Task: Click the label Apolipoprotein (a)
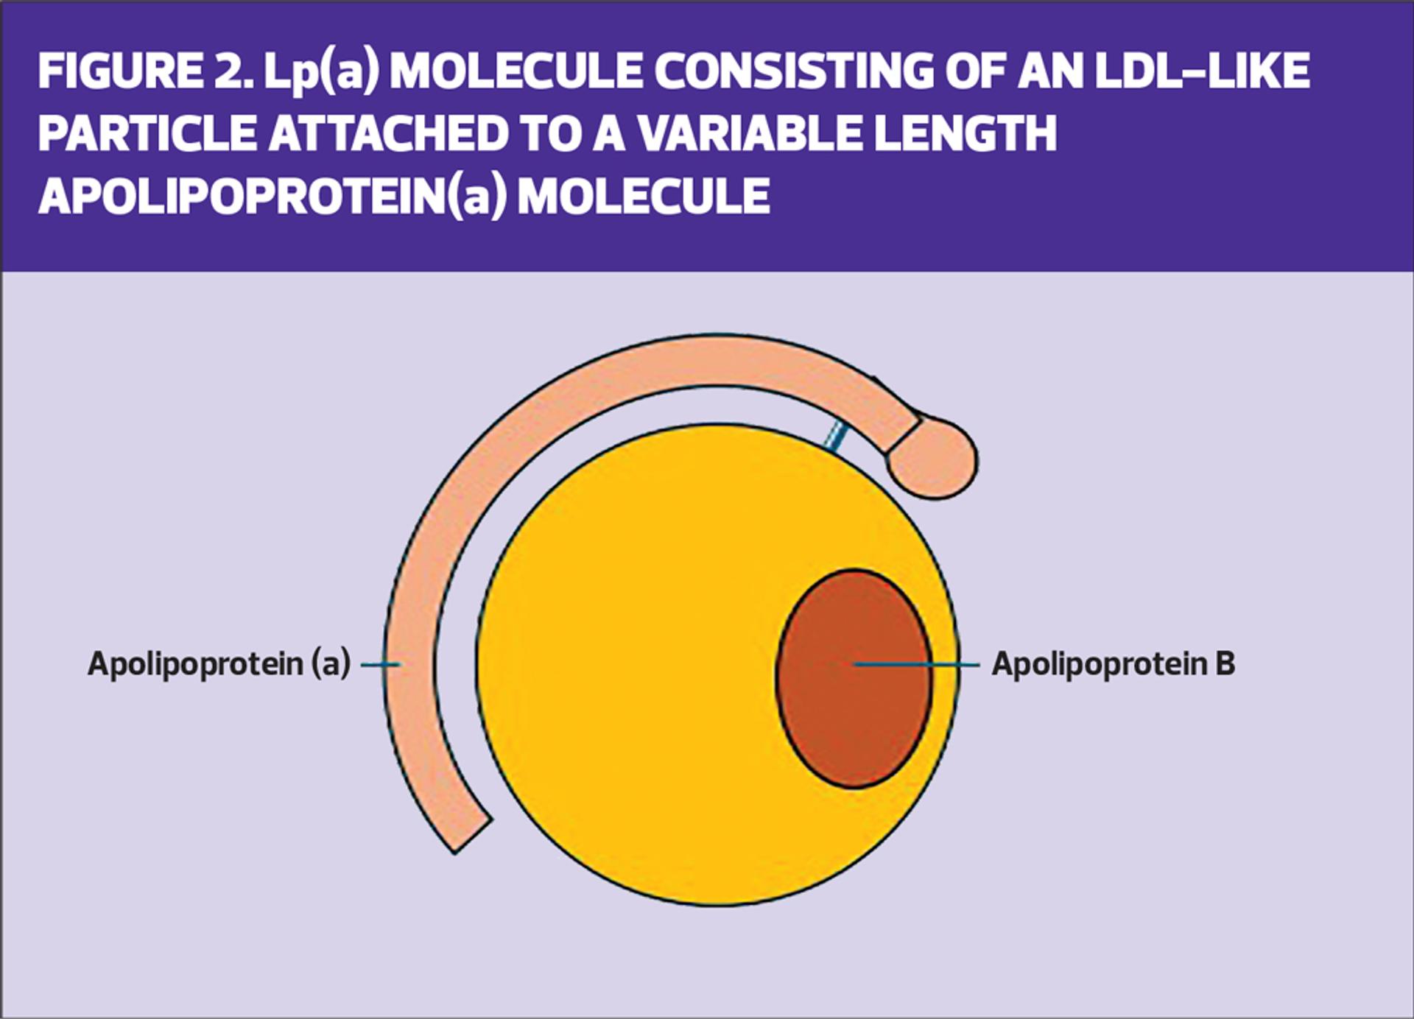click(x=219, y=663)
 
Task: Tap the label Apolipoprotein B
click(x=1113, y=663)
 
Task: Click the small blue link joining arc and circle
click(x=834, y=437)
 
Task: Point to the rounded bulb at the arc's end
click(x=934, y=459)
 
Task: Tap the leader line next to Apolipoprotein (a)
click(x=380, y=664)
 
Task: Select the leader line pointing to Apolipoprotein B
click(x=917, y=664)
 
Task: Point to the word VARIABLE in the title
click(x=745, y=134)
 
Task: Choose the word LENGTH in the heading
click(x=964, y=134)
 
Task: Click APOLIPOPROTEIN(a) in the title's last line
click(x=272, y=197)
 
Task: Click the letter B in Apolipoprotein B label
click(x=1225, y=663)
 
